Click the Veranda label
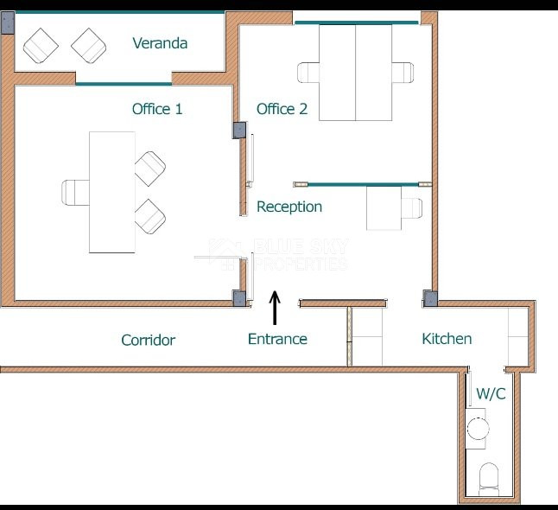[x=160, y=43]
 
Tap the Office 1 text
[x=156, y=109]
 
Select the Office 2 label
[x=282, y=109]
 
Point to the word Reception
[x=289, y=207]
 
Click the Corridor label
[x=148, y=340]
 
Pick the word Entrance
[x=277, y=339]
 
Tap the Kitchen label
[x=447, y=338]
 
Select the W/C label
[x=491, y=393]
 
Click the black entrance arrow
[x=276, y=307]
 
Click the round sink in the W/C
[x=478, y=427]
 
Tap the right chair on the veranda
[x=88, y=45]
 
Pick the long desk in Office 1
[x=112, y=192]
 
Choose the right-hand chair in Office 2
[x=403, y=73]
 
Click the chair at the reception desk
[x=409, y=208]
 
